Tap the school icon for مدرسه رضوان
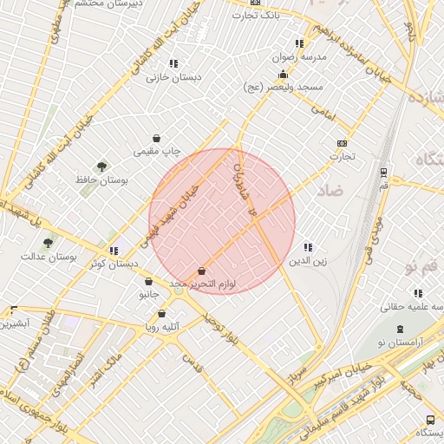tap(299, 42)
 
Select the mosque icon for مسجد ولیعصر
tap(283, 75)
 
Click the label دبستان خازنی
tap(173, 76)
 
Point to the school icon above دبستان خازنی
tap(173, 63)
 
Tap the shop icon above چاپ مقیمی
tap(156, 138)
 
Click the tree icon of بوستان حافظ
tap(102, 166)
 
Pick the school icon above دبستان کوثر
tap(114, 251)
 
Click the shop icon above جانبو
tap(149, 281)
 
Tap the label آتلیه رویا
tap(160, 326)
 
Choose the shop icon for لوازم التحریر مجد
tap(202, 271)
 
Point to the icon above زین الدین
tap(308, 247)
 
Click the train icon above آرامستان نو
tap(400, 329)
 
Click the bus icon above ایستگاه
tap(430, 419)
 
